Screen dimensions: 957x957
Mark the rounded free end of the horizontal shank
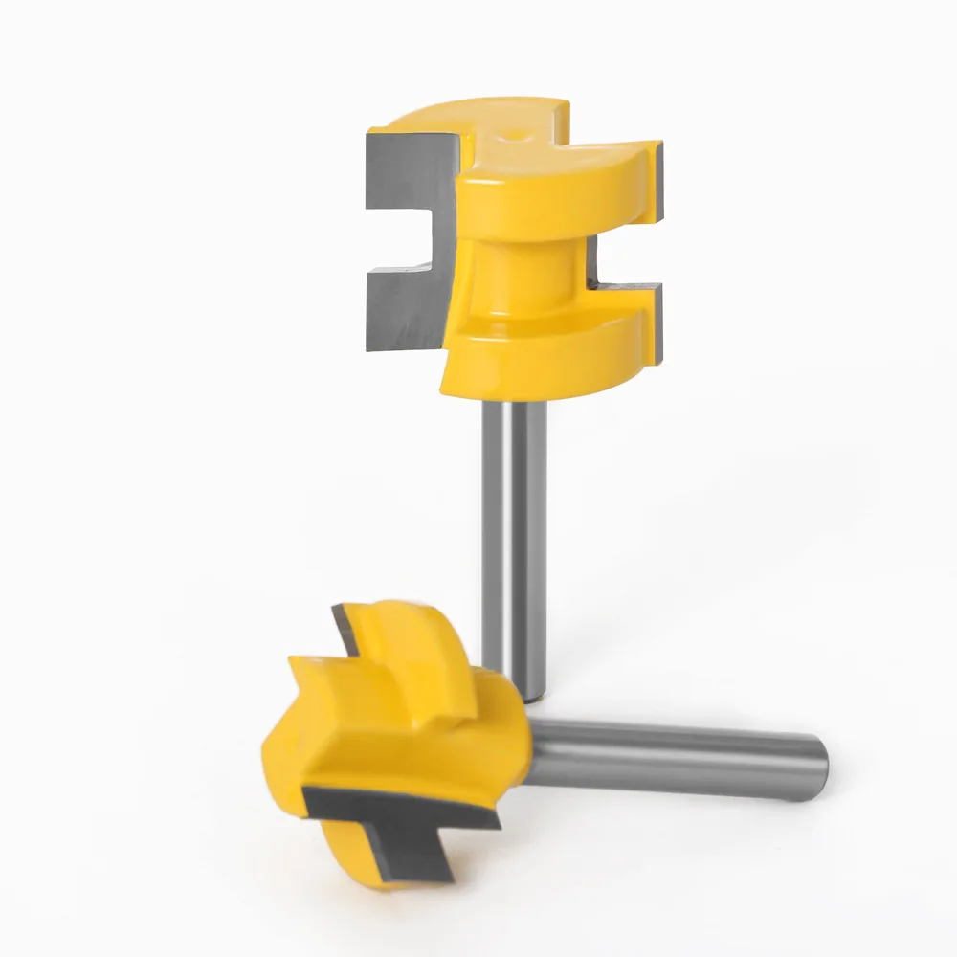pos(818,766)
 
